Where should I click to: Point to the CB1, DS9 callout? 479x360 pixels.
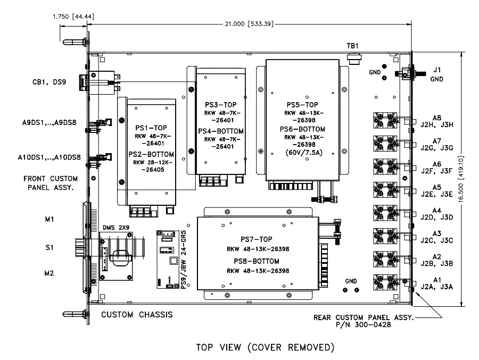click(48, 82)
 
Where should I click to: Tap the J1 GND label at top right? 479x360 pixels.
click(437, 73)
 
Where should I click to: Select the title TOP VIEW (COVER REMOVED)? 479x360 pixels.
click(265, 348)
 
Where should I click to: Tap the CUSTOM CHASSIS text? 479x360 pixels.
click(137, 314)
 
